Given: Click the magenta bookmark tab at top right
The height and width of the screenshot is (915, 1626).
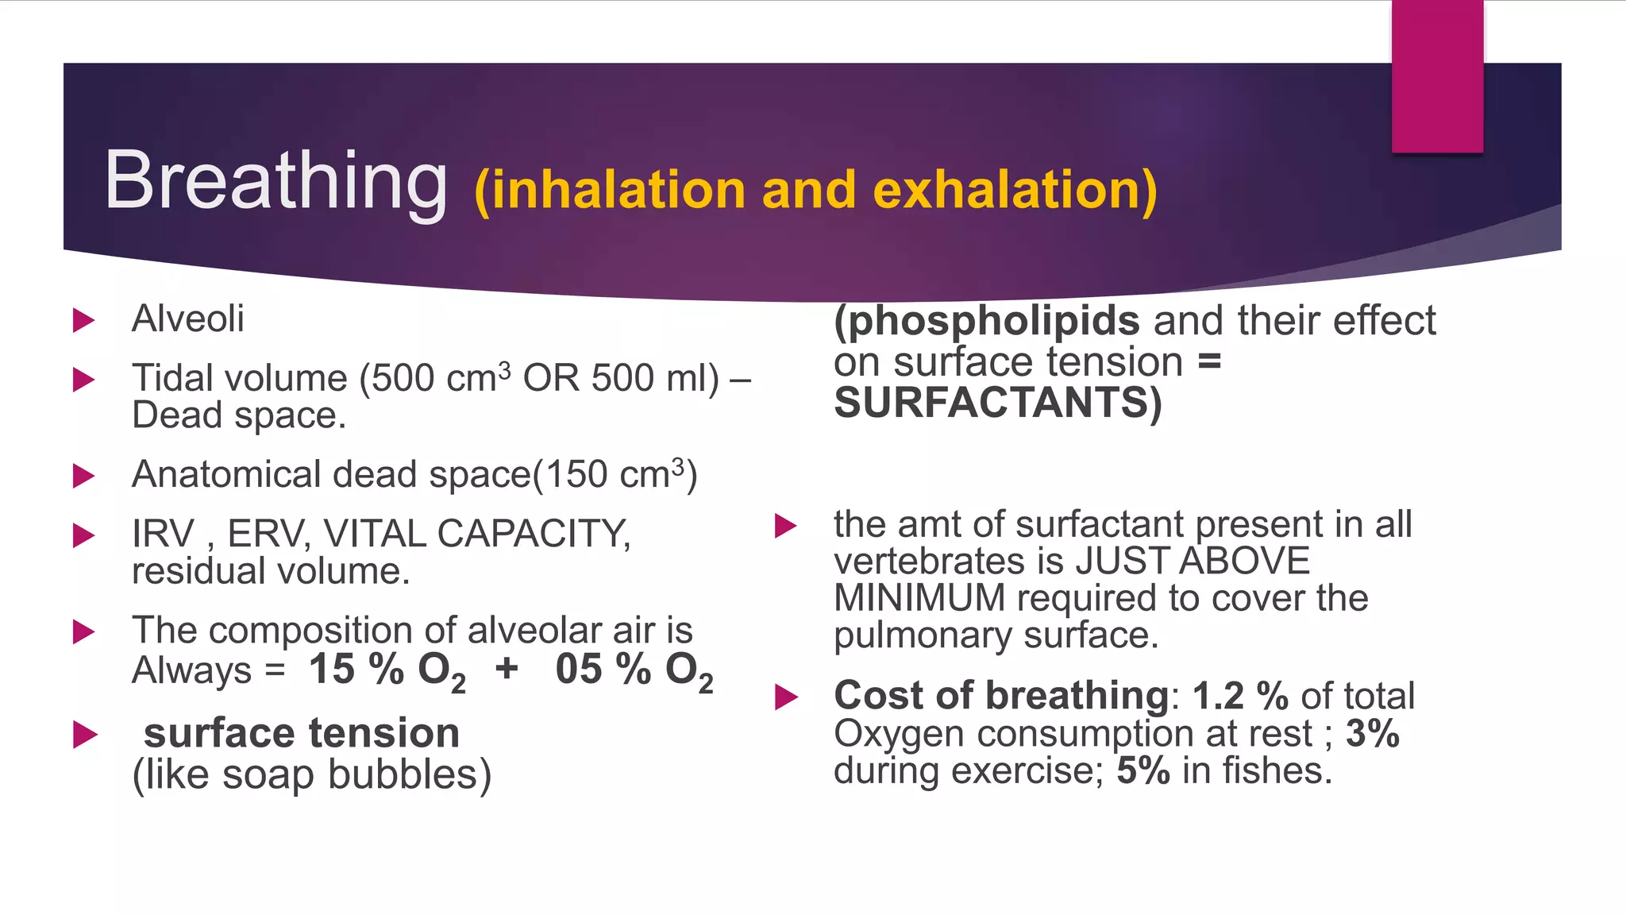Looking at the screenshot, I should click(1437, 76).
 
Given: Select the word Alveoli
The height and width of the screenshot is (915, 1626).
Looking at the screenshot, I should click(188, 319).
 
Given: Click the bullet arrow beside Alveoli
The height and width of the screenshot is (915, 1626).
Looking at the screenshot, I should click(83, 320).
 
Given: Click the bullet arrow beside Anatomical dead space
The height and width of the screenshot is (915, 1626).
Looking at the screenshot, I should click(83, 476).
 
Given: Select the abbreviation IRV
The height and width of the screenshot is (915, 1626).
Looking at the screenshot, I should click(163, 534).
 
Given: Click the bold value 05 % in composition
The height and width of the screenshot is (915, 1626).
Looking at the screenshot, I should click(603, 669).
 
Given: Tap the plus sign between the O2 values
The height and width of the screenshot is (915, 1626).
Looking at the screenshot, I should click(507, 669).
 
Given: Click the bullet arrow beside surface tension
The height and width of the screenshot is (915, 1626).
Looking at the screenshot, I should click(85, 734).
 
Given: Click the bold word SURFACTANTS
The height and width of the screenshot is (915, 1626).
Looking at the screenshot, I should click(997, 403).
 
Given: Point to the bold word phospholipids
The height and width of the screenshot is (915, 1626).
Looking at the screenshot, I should click(987, 321).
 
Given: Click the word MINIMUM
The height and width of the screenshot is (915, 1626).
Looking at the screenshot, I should click(919, 598).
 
